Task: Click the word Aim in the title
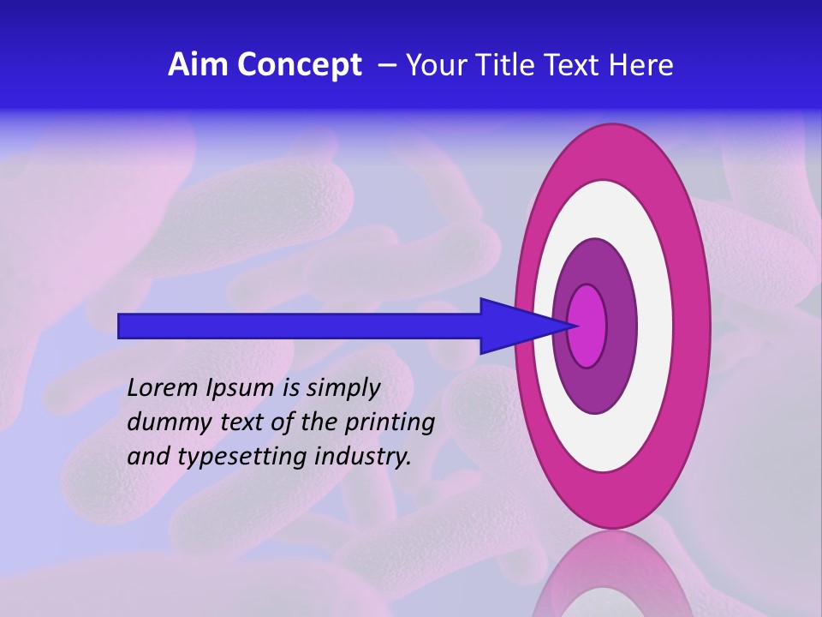tap(199, 65)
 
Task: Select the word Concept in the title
tap(299, 66)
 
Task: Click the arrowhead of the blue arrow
tap(522, 326)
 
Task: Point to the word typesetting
tap(236, 458)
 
